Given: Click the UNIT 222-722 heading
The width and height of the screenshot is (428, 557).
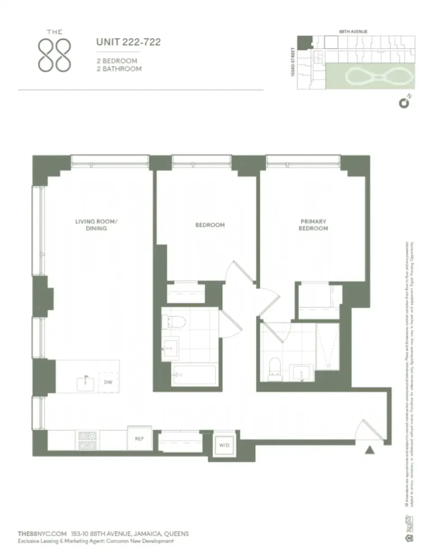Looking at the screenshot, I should click(128, 43).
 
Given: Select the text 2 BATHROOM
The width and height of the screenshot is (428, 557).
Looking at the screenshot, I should click(118, 69).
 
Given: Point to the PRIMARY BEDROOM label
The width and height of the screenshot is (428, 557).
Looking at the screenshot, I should click(314, 225).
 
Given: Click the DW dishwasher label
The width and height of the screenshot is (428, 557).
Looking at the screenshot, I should click(108, 383).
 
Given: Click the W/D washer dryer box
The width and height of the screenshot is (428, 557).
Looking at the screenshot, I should click(224, 445).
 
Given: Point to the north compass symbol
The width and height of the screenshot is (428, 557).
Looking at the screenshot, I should click(404, 103).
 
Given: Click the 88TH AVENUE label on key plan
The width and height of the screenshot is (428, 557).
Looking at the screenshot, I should click(353, 32).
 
